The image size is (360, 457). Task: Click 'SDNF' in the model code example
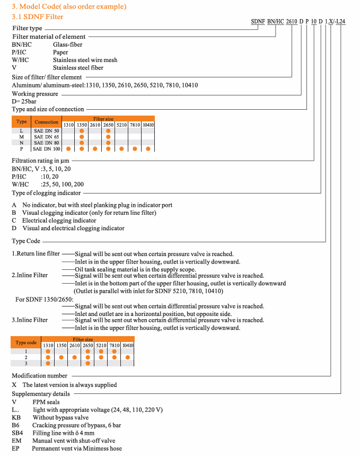pyautogui.click(x=257, y=22)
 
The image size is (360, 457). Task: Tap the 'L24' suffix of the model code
pyautogui.click(x=341, y=22)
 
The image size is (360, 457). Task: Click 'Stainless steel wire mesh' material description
pyautogui.click(x=85, y=60)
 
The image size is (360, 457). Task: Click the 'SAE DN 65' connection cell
pyautogui.click(x=46, y=136)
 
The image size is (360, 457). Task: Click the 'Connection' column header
pyautogui.click(x=46, y=122)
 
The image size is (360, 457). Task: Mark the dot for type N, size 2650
pyautogui.click(x=108, y=143)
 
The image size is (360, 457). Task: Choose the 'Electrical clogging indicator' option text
pyautogui.click(x=59, y=220)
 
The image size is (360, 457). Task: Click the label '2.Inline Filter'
pyautogui.click(x=30, y=275)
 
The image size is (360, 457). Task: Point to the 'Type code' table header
pyautogui.click(x=26, y=342)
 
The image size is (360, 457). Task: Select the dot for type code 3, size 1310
pyautogui.click(x=48, y=363)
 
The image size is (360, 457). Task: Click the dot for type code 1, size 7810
pyautogui.click(x=114, y=351)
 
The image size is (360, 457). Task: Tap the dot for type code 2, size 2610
pyautogui.click(x=74, y=357)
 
